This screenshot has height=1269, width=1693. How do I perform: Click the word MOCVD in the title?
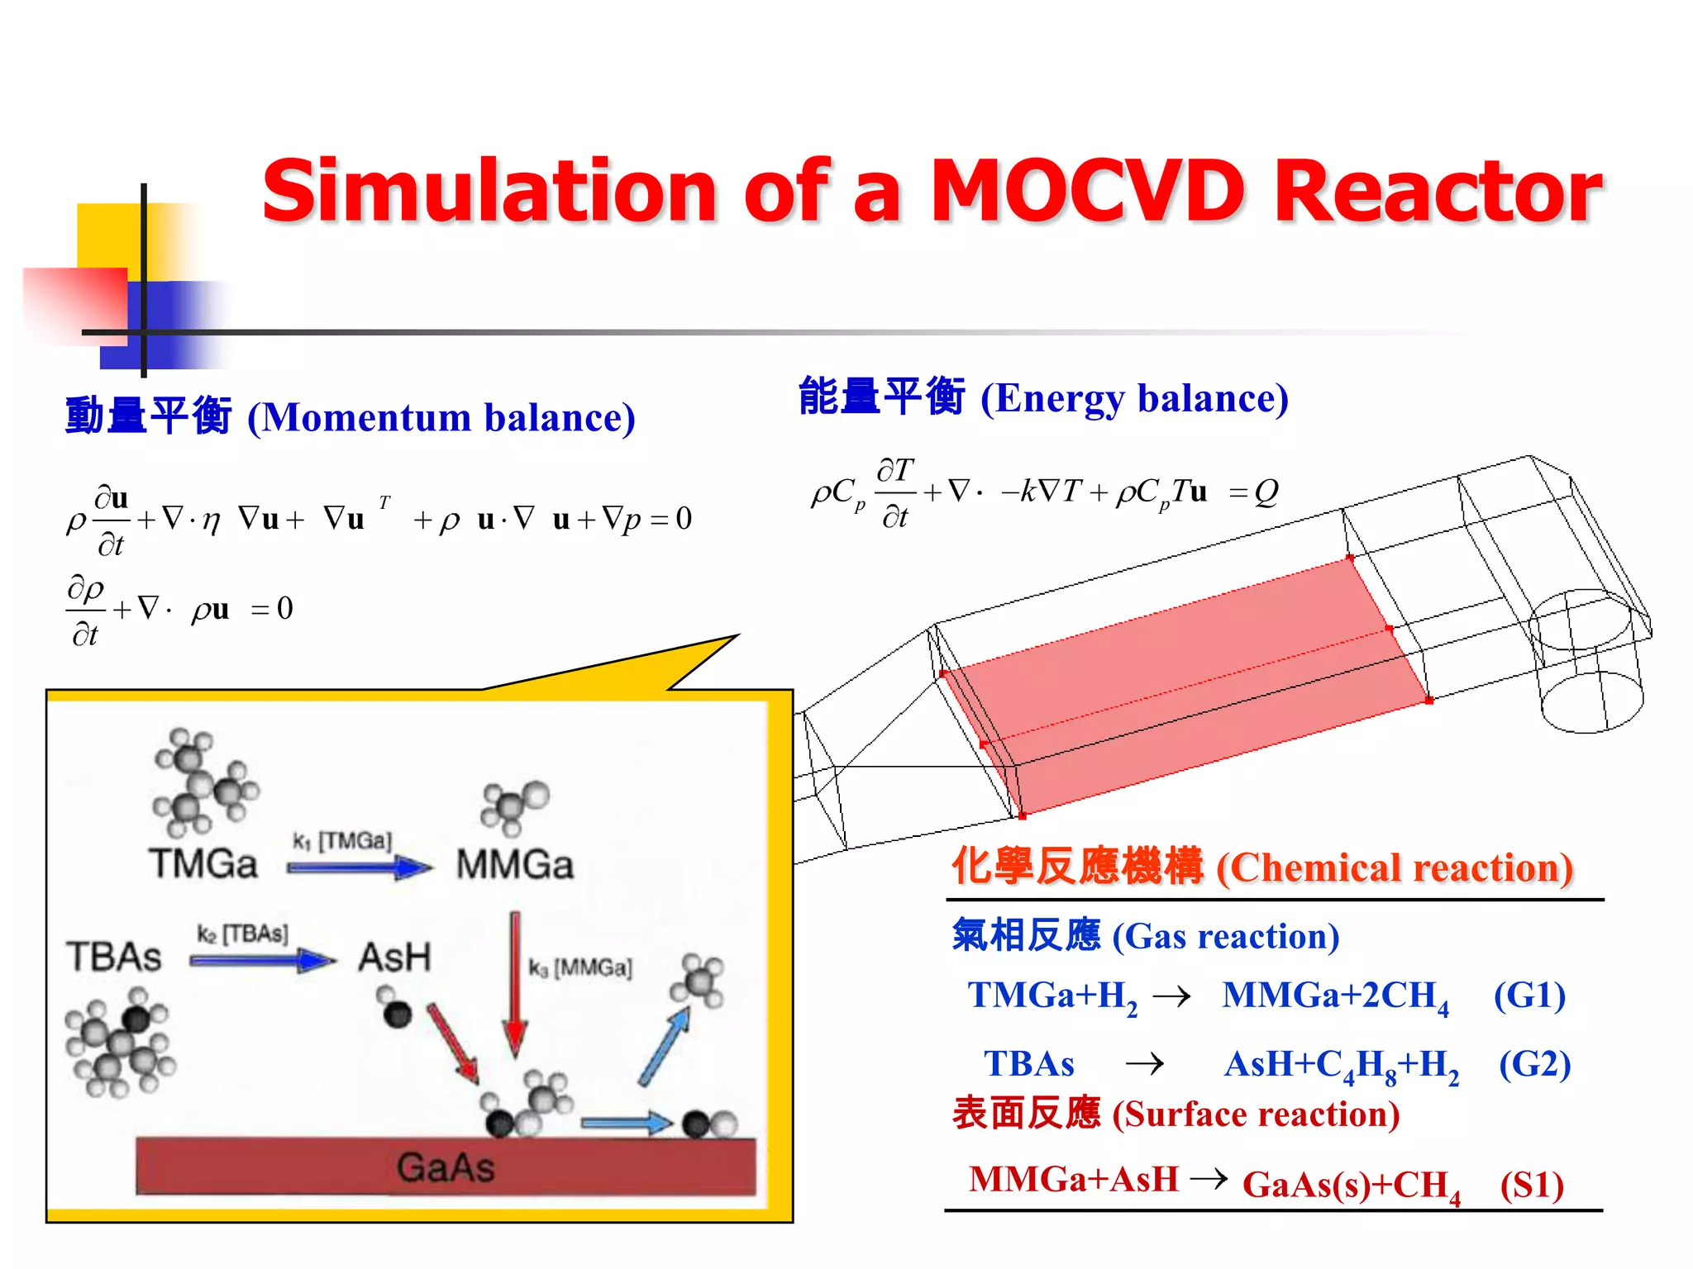coord(1086,192)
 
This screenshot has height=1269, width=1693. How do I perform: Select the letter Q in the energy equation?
coord(1265,493)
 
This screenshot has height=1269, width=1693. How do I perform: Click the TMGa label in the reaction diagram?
coord(203,864)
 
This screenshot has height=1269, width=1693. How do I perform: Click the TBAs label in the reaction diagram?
coord(114,957)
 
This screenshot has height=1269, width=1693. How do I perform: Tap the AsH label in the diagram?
coord(394,958)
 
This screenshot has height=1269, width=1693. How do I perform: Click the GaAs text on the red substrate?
coord(445,1167)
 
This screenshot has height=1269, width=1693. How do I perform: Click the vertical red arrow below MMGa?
coord(515,983)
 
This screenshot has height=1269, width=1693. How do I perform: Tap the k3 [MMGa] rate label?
coord(580,967)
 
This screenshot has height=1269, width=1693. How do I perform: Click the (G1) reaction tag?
coord(1529,996)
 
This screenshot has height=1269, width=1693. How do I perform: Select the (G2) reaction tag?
coord(1534,1064)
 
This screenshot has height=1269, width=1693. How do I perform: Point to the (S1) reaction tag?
coord(1532,1186)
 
